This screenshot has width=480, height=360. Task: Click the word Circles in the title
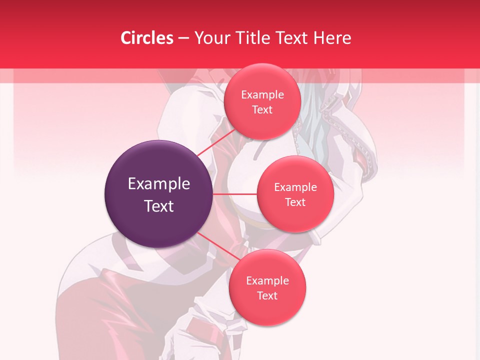coord(147,38)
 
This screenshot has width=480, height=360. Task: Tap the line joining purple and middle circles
coord(235,193)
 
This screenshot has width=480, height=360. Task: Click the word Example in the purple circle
coord(159,184)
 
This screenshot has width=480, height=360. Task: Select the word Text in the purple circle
coord(159,206)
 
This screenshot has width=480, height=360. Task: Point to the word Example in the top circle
coord(262,95)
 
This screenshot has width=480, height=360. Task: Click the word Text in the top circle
coord(262,110)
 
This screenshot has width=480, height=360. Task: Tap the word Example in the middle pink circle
coord(295,187)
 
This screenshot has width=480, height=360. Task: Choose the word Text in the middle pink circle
coord(295,202)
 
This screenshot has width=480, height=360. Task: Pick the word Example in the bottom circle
coord(267,281)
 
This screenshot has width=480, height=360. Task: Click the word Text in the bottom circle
coord(267,296)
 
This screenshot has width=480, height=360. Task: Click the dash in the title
coord(183,38)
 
